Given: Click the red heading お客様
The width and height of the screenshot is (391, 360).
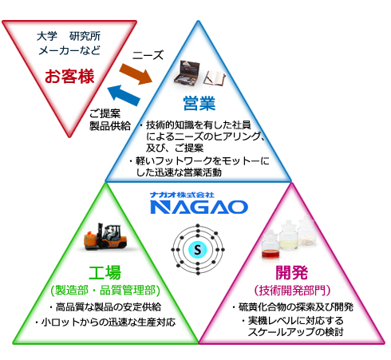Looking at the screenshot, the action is [x=69, y=76].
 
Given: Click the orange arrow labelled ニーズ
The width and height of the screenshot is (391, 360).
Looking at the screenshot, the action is [x=136, y=73].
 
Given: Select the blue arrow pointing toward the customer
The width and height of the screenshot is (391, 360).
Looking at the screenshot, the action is [x=124, y=95].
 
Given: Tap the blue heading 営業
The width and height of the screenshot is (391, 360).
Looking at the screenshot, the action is [x=199, y=103].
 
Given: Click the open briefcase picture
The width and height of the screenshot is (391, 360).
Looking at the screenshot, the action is [x=187, y=73].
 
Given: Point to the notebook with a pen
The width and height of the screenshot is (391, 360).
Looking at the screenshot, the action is [x=215, y=78].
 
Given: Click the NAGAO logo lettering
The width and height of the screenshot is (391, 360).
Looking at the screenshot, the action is [x=199, y=208].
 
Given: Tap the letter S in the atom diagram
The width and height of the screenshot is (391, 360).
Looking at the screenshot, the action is [x=198, y=250].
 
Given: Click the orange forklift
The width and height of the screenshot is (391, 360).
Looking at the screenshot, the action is [x=105, y=236].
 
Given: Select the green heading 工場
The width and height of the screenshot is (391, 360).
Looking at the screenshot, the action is [x=105, y=272].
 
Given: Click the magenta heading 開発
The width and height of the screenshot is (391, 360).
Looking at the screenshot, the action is [x=292, y=272].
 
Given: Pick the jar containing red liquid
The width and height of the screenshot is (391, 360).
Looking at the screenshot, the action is [x=271, y=245].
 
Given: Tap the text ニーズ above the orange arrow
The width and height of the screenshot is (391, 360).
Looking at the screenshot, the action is [x=148, y=55].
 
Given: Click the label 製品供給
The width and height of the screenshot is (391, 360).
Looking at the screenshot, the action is [x=110, y=125].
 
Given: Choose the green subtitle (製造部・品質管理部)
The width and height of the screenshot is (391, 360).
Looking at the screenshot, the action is [x=105, y=291].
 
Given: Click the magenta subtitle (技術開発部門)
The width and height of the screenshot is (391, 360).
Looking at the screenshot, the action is [x=292, y=291].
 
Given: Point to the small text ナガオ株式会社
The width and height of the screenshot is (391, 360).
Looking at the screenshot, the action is [x=182, y=195].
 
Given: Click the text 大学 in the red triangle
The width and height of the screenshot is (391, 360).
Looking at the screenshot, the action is [x=47, y=36].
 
